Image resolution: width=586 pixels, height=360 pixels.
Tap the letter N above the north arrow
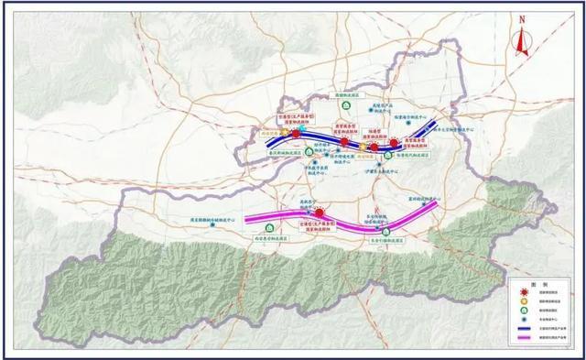click(x=521, y=19)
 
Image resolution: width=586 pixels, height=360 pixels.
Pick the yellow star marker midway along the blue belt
click(x=363, y=146)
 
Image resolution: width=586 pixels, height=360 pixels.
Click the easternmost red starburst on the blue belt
click(x=395, y=144)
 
